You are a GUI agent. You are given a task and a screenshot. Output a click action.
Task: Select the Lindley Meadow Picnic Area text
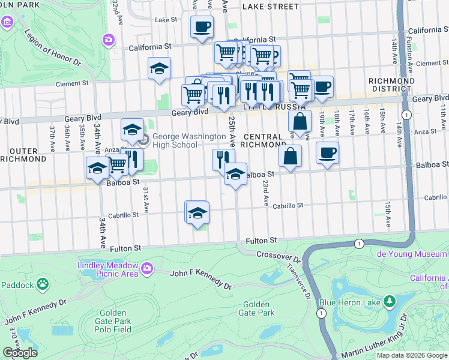tap(108, 269)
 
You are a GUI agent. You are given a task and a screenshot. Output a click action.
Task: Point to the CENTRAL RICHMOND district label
tap(262, 140)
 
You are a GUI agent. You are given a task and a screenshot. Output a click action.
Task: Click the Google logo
tap(20, 353)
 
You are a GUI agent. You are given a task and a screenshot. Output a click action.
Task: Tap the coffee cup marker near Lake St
tap(202, 26)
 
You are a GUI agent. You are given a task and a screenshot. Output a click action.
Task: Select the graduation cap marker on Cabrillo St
tap(197, 212)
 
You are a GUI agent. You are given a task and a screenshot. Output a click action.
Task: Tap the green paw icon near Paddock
tap(43, 283)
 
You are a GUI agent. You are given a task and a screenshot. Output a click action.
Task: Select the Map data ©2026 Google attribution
tap(412, 355)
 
